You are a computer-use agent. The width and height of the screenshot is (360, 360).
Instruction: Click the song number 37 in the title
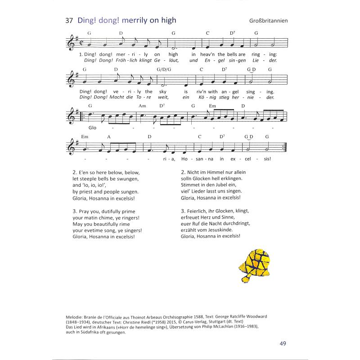[69, 20]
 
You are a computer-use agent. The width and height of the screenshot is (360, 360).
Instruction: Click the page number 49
[283, 345]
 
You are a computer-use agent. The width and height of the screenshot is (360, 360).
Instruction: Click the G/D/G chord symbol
[165, 70]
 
